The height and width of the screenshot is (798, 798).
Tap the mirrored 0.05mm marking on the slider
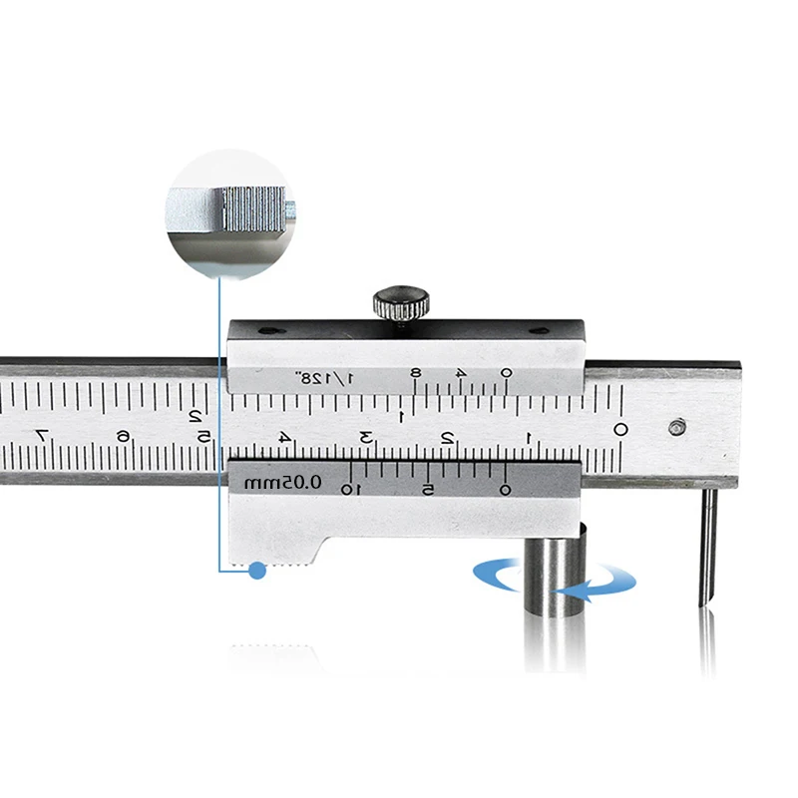coord(284,482)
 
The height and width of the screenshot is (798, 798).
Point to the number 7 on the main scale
coord(41,435)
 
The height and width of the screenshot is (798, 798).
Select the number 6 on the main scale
coord(122,436)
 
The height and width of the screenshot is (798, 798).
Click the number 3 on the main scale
coord(366,436)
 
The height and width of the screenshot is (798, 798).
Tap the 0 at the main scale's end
coord(619,430)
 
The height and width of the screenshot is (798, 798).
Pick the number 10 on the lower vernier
coord(350,490)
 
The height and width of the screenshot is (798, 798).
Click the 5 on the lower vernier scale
coord(427,490)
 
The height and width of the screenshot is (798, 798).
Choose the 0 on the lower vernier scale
coord(505,489)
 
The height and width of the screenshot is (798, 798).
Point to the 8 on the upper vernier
coord(416,374)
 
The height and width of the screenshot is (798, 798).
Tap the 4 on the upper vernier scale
coord(460,374)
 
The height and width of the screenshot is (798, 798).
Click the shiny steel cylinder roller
coord(553,579)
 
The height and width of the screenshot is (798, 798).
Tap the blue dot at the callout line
coord(257,571)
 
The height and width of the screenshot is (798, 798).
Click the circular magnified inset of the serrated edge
coord(228,209)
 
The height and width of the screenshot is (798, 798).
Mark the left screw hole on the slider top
coord(263,332)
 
